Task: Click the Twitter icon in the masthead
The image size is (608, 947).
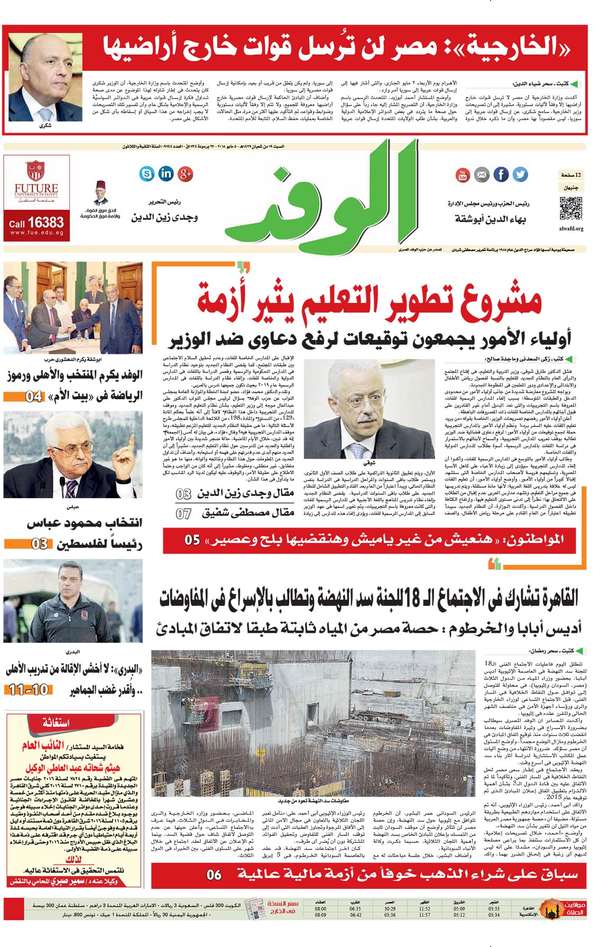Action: pyautogui.click(x=520, y=174)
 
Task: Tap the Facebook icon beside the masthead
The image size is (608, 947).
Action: pyautogui.click(x=501, y=174)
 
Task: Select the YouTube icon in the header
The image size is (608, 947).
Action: pyautogui.click(x=463, y=174)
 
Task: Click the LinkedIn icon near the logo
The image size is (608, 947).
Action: pyautogui.click(x=166, y=173)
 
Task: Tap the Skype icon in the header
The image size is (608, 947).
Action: pyautogui.click(x=146, y=173)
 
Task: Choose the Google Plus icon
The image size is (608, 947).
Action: pyautogui.click(x=185, y=173)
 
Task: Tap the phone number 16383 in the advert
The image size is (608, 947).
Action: pyautogui.click(x=46, y=223)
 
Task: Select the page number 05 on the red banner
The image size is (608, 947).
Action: pyautogui.click(x=192, y=540)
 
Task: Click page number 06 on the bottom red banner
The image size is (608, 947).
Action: pyautogui.click(x=214, y=875)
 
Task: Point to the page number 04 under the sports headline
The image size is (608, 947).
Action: pyautogui.click(x=34, y=396)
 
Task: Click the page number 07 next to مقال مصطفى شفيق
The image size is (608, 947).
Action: pyautogui.click(x=183, y=513)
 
